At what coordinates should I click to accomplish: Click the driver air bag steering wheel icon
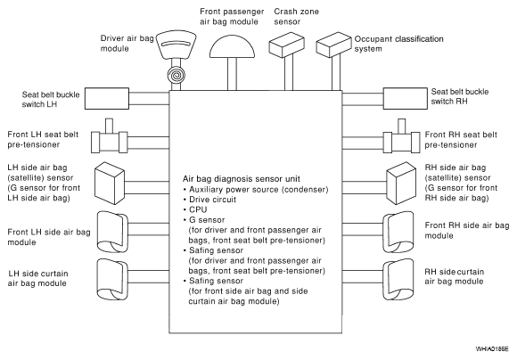coord(176,45)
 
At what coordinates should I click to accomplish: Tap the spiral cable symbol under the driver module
coord(176,75)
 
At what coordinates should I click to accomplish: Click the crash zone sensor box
coord(286,45)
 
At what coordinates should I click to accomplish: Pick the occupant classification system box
coord(333,45)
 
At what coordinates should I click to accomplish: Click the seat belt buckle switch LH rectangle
coord(107,98)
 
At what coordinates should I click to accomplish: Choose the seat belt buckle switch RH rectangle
coord(405,98)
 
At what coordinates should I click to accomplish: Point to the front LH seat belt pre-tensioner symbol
coord(109,139)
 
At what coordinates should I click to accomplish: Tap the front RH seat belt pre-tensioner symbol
coord(401,139)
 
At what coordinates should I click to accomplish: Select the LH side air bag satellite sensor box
coord(110,184)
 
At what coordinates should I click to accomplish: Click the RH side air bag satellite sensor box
coord(401,184)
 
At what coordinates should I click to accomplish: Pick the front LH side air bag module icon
coord(112,233)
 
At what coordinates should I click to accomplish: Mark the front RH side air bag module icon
coord(398,233)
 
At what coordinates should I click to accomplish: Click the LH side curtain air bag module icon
coord(112,280)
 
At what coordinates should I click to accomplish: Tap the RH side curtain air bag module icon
coord(398,280)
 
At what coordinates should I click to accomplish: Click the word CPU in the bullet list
coord(198,209)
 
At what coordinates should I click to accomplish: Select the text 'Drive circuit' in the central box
coord(212,200)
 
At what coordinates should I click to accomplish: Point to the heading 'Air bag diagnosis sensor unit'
coord(242,179)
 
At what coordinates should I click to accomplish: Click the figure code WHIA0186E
coord(492,348)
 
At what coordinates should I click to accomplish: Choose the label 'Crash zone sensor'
coord(297,16)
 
